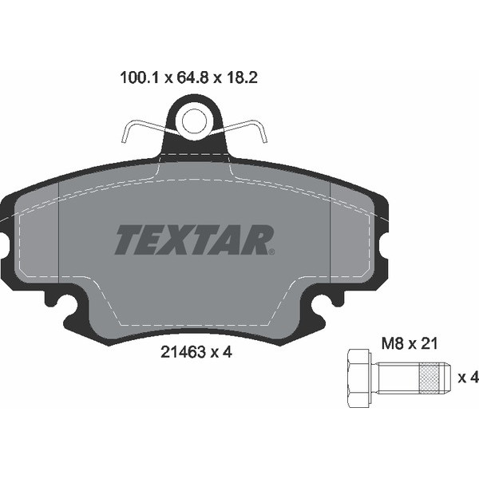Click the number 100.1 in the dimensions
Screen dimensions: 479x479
(x=140, y=77)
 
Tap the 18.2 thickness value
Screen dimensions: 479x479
(x=241, y=77)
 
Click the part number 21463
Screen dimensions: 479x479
(x=183, y=353)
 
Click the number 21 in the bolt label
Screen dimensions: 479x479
(x=430, y=344)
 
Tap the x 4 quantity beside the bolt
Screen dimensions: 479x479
(x=468, y=378)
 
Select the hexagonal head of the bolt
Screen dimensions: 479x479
(x=359, y=378)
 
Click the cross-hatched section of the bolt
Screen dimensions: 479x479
(x=430, y=378)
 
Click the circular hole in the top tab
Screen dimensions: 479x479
(x=194, y=121)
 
